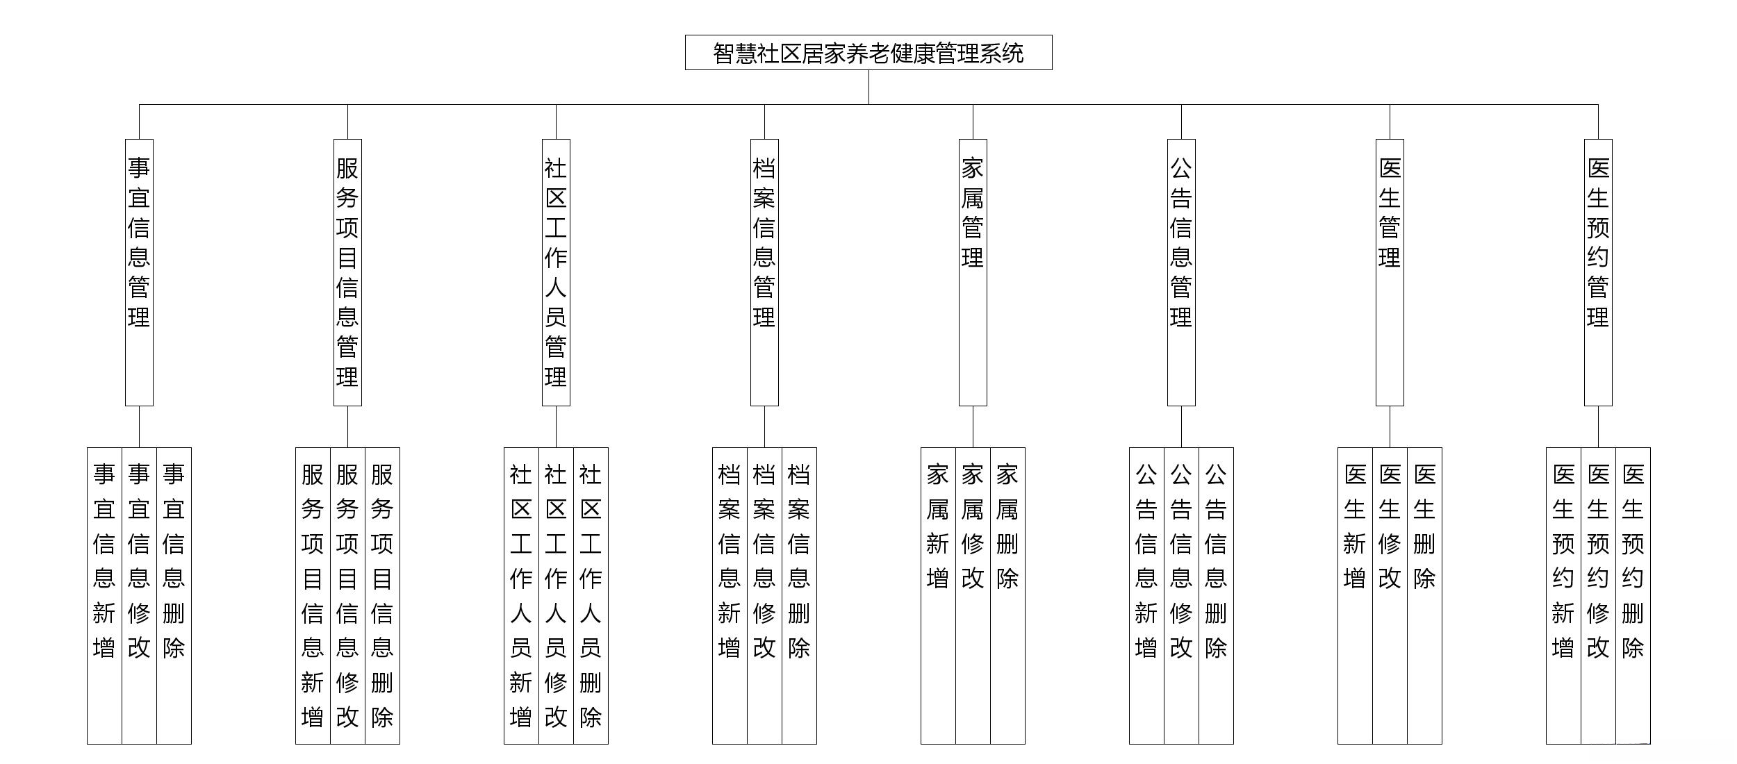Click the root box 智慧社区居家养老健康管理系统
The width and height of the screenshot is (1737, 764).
[x=868, y=53]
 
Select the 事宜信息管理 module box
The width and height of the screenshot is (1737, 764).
[x=139, y=272]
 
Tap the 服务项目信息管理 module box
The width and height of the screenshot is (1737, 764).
[x=347, y=272]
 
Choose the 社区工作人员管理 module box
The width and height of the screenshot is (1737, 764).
[x=556, y=272]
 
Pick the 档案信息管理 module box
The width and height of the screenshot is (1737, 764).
[x=764, y=272]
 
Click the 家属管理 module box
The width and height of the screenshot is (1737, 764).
[x=973, y=272]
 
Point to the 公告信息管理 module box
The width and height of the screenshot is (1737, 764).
[x=1181, y=272]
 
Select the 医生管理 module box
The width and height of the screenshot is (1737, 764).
[x=1390, y=272]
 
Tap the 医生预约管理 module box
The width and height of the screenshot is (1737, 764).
[x=1598, y=272]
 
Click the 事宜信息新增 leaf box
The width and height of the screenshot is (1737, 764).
[x=104, y=595]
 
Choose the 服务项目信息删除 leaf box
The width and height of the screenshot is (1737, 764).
[x=382, y=595]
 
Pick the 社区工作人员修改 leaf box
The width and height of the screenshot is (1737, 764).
[x=556, y=595]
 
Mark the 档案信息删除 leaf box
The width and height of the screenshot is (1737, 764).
[x=799, y=595]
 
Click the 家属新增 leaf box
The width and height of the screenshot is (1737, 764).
[x=938, y=595]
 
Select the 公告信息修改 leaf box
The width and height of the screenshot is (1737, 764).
[x=1181, y=595]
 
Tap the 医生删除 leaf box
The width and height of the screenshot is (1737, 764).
[x=1424, y=595]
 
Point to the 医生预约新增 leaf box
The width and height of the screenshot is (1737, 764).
[x=1563, y=595]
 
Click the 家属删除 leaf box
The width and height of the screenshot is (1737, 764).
[x=1007, y=595]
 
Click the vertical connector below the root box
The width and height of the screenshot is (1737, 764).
[x=868, y=87]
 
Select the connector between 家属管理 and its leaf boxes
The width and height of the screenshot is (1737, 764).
[x=973, y=426]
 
